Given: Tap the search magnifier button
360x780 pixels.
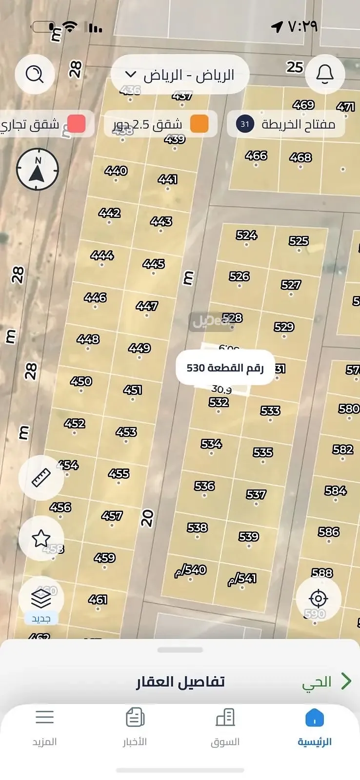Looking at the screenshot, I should (35, 75).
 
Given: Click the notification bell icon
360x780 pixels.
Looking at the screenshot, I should (325, 74).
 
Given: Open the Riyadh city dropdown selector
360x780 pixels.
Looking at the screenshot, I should (180, 75).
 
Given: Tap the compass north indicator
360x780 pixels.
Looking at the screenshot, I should (38, 170).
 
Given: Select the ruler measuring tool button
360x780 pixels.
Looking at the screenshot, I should (41, 478).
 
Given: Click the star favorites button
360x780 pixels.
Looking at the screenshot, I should (41, 539).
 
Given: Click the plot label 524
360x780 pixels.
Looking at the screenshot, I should (246, 235).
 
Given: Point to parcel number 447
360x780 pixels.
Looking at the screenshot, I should (147, 306).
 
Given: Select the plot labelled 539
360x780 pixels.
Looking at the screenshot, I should (249, 537).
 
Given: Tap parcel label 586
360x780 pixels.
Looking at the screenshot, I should (329, 532).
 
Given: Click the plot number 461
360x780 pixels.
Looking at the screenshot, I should (98, 600).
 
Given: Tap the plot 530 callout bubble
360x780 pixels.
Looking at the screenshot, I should (225, 368).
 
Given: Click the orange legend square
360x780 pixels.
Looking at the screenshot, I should (199, 124).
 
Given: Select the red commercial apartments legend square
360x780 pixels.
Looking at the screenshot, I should (76, 124).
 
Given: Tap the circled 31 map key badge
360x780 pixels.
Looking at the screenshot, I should (245, 124).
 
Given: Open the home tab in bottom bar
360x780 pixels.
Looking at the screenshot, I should (315, 727).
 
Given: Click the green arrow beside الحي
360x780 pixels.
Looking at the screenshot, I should (346, 681).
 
